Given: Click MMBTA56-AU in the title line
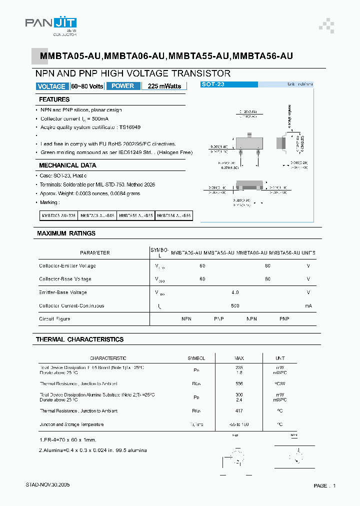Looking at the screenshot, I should coord(263,56).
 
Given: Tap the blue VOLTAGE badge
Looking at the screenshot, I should coord(51,86).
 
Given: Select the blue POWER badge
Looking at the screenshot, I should coord(122,86).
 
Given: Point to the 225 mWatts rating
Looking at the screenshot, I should coord(164,86).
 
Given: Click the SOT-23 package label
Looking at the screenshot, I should coord(213,84).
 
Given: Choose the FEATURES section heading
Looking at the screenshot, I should coord(54,99).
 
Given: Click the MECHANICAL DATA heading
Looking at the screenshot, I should coord(67,165).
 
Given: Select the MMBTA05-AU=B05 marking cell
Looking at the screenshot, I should coord(58,215).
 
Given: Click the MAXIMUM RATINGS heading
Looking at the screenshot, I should coord(66,233).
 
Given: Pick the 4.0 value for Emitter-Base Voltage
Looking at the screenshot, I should coord(235,292).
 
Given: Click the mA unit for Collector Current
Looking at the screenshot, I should coord(308,305).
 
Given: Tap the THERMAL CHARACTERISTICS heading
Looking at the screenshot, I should coord(79,339).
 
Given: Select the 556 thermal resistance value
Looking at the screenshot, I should coord(239,384).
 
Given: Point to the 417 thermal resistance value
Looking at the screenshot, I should coord(239,411).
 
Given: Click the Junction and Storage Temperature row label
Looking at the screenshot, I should coord(71,424).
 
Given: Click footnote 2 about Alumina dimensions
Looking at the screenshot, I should coord(93,450).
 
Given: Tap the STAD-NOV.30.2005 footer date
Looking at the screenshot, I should coord(48,485).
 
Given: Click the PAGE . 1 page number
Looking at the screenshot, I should coord(324,485).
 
